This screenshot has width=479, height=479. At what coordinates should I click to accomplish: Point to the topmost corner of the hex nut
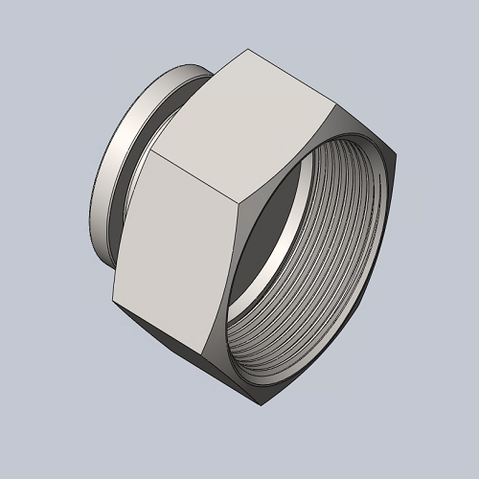(248, 50)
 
